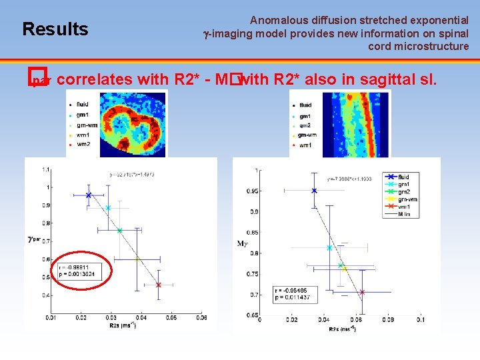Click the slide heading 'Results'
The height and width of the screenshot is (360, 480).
point(55,29)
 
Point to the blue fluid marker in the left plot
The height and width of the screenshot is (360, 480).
point(89,195)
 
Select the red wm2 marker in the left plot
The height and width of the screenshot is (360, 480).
point(159,285)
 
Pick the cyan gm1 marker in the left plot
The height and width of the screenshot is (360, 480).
point(108,208)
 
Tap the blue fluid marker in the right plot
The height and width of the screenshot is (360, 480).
point(315,191)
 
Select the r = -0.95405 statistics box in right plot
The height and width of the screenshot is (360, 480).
point(295,294)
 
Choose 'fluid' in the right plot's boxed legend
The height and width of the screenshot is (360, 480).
point(404,177)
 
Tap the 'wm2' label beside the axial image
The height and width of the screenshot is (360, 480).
point(83,144)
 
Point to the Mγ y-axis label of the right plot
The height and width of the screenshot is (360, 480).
point(243,244)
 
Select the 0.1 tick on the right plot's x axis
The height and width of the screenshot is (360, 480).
point(421,320)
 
